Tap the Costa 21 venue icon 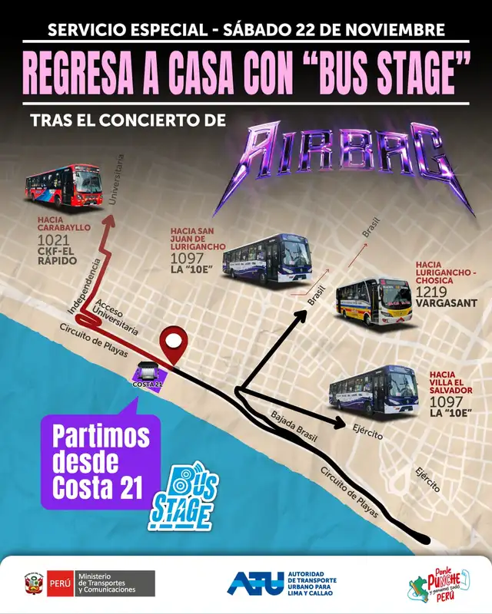pyautogui.click(x=148, y=375)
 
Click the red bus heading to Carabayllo pyautogui.click(x=64, y=187)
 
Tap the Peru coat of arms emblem pyautogui.click(x=34, y=583)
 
